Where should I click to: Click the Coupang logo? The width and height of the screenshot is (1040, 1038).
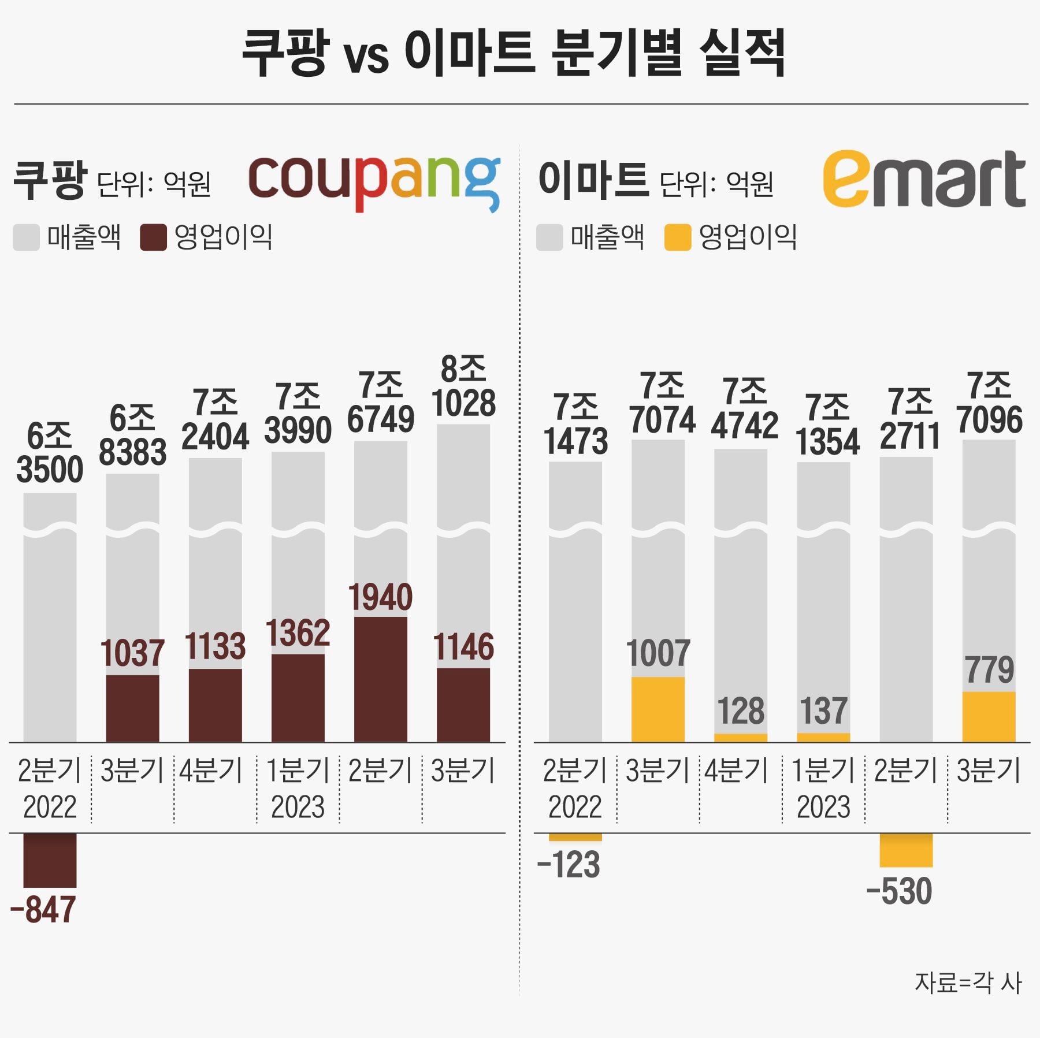(x=374, y=182)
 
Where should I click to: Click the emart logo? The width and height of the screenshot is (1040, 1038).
(x=923, y=179)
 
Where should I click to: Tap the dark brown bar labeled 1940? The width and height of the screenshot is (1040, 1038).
(x=380, y=679)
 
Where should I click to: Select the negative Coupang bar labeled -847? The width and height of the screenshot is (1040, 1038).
(x=50, y=860)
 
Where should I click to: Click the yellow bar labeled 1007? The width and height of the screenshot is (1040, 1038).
(x=658, y=709)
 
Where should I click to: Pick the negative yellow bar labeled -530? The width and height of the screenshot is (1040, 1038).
(x=905, y=850)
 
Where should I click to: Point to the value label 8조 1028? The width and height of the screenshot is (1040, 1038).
(x=463, y=386)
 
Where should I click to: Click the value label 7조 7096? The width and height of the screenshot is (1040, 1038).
(x=989, y=403)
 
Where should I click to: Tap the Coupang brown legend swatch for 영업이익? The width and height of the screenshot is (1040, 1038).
(x=153, y=237)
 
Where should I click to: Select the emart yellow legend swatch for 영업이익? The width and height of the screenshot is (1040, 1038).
(x=677, y=237)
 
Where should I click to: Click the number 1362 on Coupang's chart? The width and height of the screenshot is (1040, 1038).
(x=298, y=633)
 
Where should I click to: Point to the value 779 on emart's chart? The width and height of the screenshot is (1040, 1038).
(x=989, y=670)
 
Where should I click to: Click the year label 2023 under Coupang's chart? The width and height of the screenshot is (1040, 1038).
(x=298, y=807)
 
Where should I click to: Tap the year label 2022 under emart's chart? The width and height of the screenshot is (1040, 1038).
(x=574, y=807)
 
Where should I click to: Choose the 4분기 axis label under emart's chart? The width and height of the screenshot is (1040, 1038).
(x=736, y=771)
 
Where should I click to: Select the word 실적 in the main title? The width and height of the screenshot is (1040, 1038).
(x=742, y=53)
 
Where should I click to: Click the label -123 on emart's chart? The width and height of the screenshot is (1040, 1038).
(x=569, y=865)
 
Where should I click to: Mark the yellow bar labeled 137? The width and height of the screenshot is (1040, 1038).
(x=823, y=738)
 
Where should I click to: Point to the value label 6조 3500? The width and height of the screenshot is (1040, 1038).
(x=50, y=453)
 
